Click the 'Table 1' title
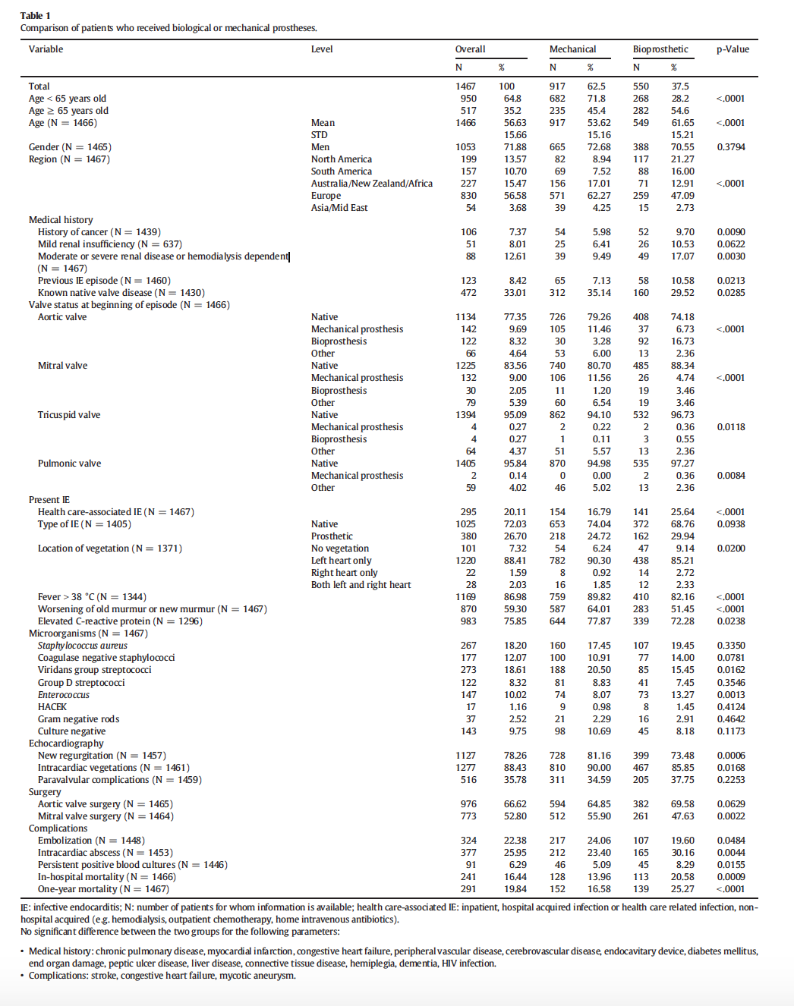pos(35,15)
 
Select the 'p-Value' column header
pos(733,49)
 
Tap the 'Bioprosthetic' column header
pos(660,49)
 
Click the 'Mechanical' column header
pos(572,49)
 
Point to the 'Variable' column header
pos(46,49)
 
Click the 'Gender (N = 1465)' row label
pos(70,147)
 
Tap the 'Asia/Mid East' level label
pos(339,208)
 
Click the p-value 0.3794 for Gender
pos(730,147)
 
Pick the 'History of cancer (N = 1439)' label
pos(99,232)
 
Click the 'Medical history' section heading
pos(61,220)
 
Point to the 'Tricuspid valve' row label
pos(69,415)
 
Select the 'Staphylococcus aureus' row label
pos(83,646)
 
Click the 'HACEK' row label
pos(52,707)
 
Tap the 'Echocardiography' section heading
pos(66,743)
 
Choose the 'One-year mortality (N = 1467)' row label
pos(103,889)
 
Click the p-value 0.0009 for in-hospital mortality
pos(730,877)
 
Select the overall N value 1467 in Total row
pos(465,86)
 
